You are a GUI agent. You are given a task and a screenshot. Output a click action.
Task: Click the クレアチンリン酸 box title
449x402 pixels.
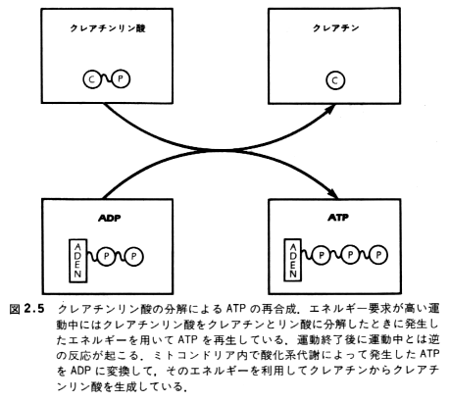108,28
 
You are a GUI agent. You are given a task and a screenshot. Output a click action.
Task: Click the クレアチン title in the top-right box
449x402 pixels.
336,28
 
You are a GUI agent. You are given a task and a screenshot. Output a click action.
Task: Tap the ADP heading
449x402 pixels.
110,218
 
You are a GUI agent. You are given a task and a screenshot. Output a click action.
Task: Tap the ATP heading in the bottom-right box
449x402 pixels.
338,217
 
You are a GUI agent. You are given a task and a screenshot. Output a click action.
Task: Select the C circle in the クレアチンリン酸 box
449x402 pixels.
92,79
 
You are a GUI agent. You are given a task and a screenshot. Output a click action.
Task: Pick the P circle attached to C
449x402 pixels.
121,78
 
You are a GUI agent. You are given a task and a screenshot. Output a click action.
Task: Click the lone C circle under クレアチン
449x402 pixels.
335,80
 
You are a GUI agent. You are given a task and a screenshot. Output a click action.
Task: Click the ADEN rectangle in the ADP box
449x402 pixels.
77,261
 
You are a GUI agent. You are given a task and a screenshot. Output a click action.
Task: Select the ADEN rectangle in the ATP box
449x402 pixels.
293,260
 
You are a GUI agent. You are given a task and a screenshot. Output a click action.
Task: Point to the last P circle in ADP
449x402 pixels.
134,257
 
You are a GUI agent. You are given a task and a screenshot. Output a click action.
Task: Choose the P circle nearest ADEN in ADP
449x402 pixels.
107,257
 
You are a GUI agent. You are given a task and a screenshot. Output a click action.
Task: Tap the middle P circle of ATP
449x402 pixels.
350,255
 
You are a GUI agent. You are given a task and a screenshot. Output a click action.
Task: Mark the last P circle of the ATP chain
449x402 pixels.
378,255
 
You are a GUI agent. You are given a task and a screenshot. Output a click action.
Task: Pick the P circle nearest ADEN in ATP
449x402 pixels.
322,255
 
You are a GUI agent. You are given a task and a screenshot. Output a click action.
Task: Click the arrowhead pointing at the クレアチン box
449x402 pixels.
329,109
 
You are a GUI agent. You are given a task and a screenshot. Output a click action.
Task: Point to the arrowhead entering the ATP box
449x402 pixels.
333,193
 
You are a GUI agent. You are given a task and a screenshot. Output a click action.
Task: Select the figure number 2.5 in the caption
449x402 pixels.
34,309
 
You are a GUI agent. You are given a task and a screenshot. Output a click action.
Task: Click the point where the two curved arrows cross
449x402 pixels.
219,150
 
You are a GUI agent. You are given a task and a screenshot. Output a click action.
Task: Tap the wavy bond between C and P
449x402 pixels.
107,79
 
